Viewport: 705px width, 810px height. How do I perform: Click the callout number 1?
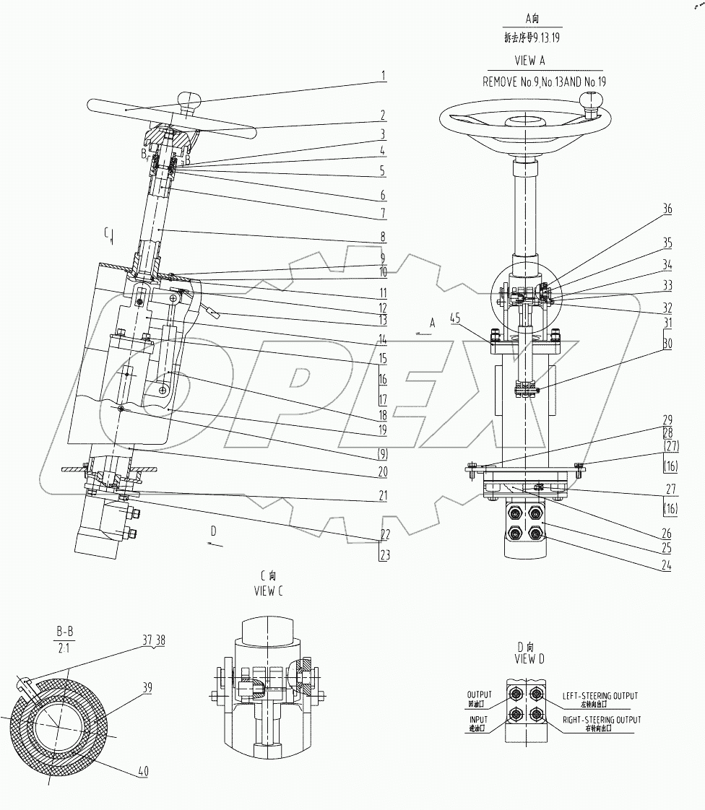(x=384, y=75)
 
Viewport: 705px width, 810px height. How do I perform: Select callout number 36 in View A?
(x=668, y=209)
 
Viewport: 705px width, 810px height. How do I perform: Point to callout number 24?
(x=667, y=566)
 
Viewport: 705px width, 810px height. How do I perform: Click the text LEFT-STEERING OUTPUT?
(x=600, y=697)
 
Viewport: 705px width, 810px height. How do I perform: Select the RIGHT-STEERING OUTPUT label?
(x=601, y=720)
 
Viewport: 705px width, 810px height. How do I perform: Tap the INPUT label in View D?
(x=477, y=720)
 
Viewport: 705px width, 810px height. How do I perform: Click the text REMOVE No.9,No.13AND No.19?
(x=544, y=82)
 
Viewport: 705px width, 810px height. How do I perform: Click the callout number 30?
(x=667, y=345)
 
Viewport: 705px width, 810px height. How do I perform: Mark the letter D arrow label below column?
(x=212, y=531)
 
